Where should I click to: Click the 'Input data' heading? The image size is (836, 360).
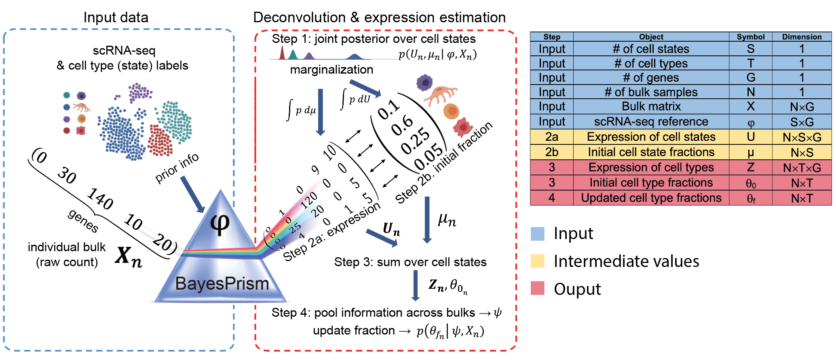pyautogui.click(x=116, y=17)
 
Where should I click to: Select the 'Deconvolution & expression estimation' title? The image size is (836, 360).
pyautogui.click(x=379, y=17)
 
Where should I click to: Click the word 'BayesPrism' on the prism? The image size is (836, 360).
pyautogui.click(x=222, y=284)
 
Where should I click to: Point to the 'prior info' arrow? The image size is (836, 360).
pyautogui.click(x=192, y=194)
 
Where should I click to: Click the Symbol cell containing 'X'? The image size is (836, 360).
pyautogui.click(x=750, y=106)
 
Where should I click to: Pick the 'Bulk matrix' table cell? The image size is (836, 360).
pyautogui.click(x=651, y=106)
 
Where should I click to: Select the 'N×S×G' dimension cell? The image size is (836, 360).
pyautogui.click(x=802, y=137)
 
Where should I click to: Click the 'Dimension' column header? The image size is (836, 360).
pyautogui.click(x=802, y=37)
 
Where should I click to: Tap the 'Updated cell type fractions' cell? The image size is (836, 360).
pyautogui.click(x=651, y=198)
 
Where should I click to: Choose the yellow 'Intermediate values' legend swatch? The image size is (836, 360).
pyautogui.click(x=537, y=261)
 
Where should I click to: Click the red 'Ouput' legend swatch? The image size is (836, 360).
pyautogui.click(x=537, y=288)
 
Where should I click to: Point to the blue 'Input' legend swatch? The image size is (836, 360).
pyautogui.click(x=537, y=234)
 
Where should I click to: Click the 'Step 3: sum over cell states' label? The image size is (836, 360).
pyautogui.click(x=410, y=262)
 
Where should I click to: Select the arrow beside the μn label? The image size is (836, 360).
pyautogui.click(x=427, y=220)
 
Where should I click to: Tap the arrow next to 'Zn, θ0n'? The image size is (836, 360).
pyautogui.click(x=415, y=285)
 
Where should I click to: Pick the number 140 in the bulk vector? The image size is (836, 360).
pyautogui.click(x=100, y=199)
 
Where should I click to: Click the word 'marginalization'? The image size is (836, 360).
pyautogui.click(x=331, y=70)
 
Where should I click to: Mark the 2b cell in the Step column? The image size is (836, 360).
pyautogui.click(x=551, y=152)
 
